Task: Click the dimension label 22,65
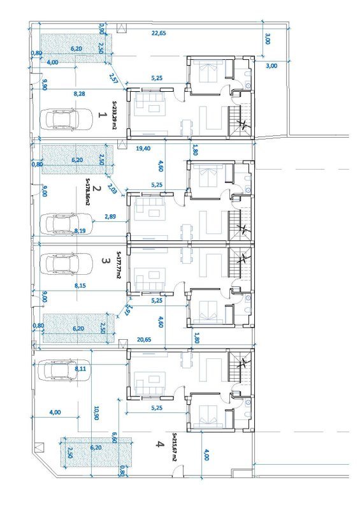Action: click(x=159, y=33)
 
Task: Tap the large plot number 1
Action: click(x=102, y=115)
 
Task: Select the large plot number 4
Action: click(x=158, y=444)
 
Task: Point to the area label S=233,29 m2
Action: click(x=114, y=115)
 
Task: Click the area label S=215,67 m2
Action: click(x=175, y=448)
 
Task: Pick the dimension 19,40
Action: click(x=143, y=149)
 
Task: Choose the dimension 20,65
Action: click(x=144, y=340)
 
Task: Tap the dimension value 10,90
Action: click(x=96, y=412)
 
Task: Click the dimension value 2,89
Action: click(x=111, y=216)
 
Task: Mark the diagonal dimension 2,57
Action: click(x=113, y=78)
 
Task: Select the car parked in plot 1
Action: click(x=66, y=119)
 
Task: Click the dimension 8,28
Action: click(x=80, y=94)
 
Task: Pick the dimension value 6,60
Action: click(x=114, y=437)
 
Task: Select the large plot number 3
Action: click(x=104, y=261)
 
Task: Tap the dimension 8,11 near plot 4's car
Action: click(x=80, y=368)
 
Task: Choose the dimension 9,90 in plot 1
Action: click(x=45, y=85)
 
